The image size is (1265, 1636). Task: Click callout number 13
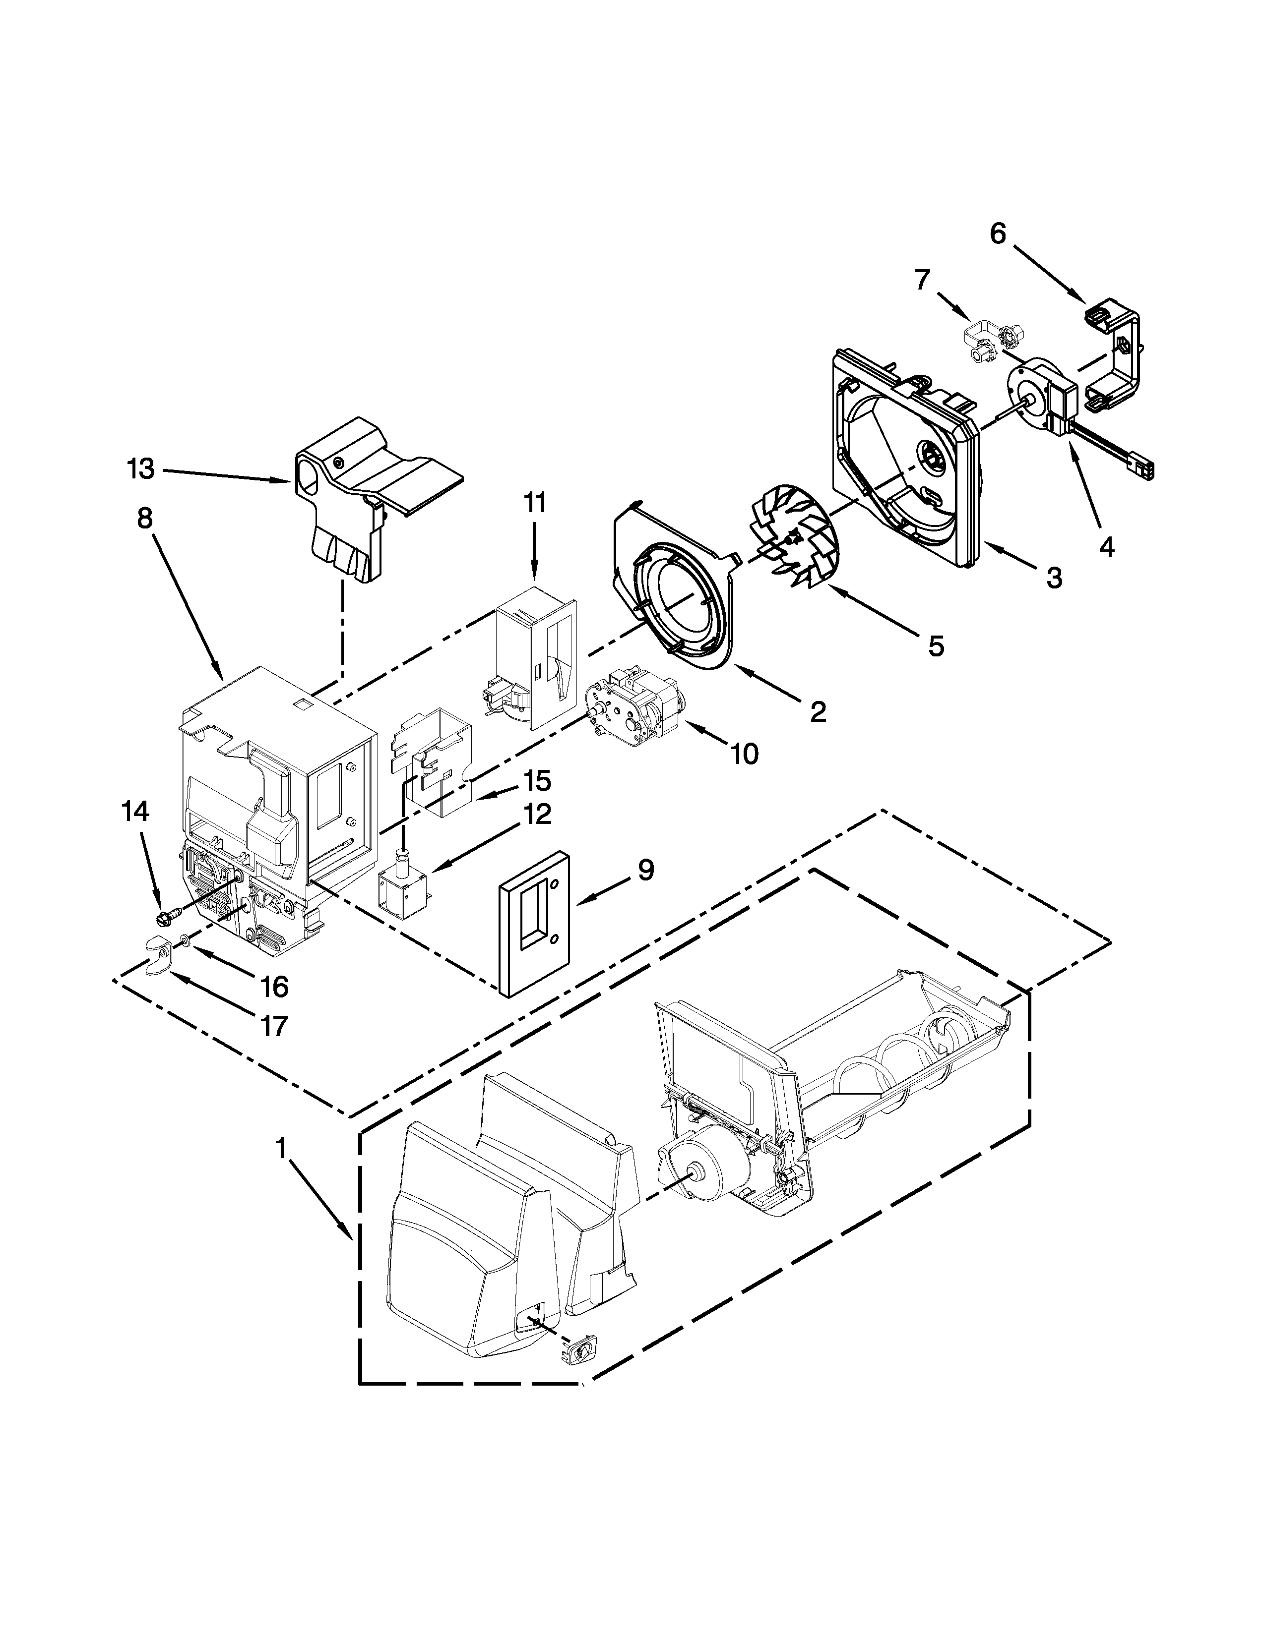coord(140,469)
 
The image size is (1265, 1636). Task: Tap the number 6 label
coord(998,234)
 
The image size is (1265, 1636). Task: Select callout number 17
coord(274,1025)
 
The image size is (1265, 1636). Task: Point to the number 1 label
coord(280,1148)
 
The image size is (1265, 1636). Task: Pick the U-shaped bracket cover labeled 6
coord(1117,352)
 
